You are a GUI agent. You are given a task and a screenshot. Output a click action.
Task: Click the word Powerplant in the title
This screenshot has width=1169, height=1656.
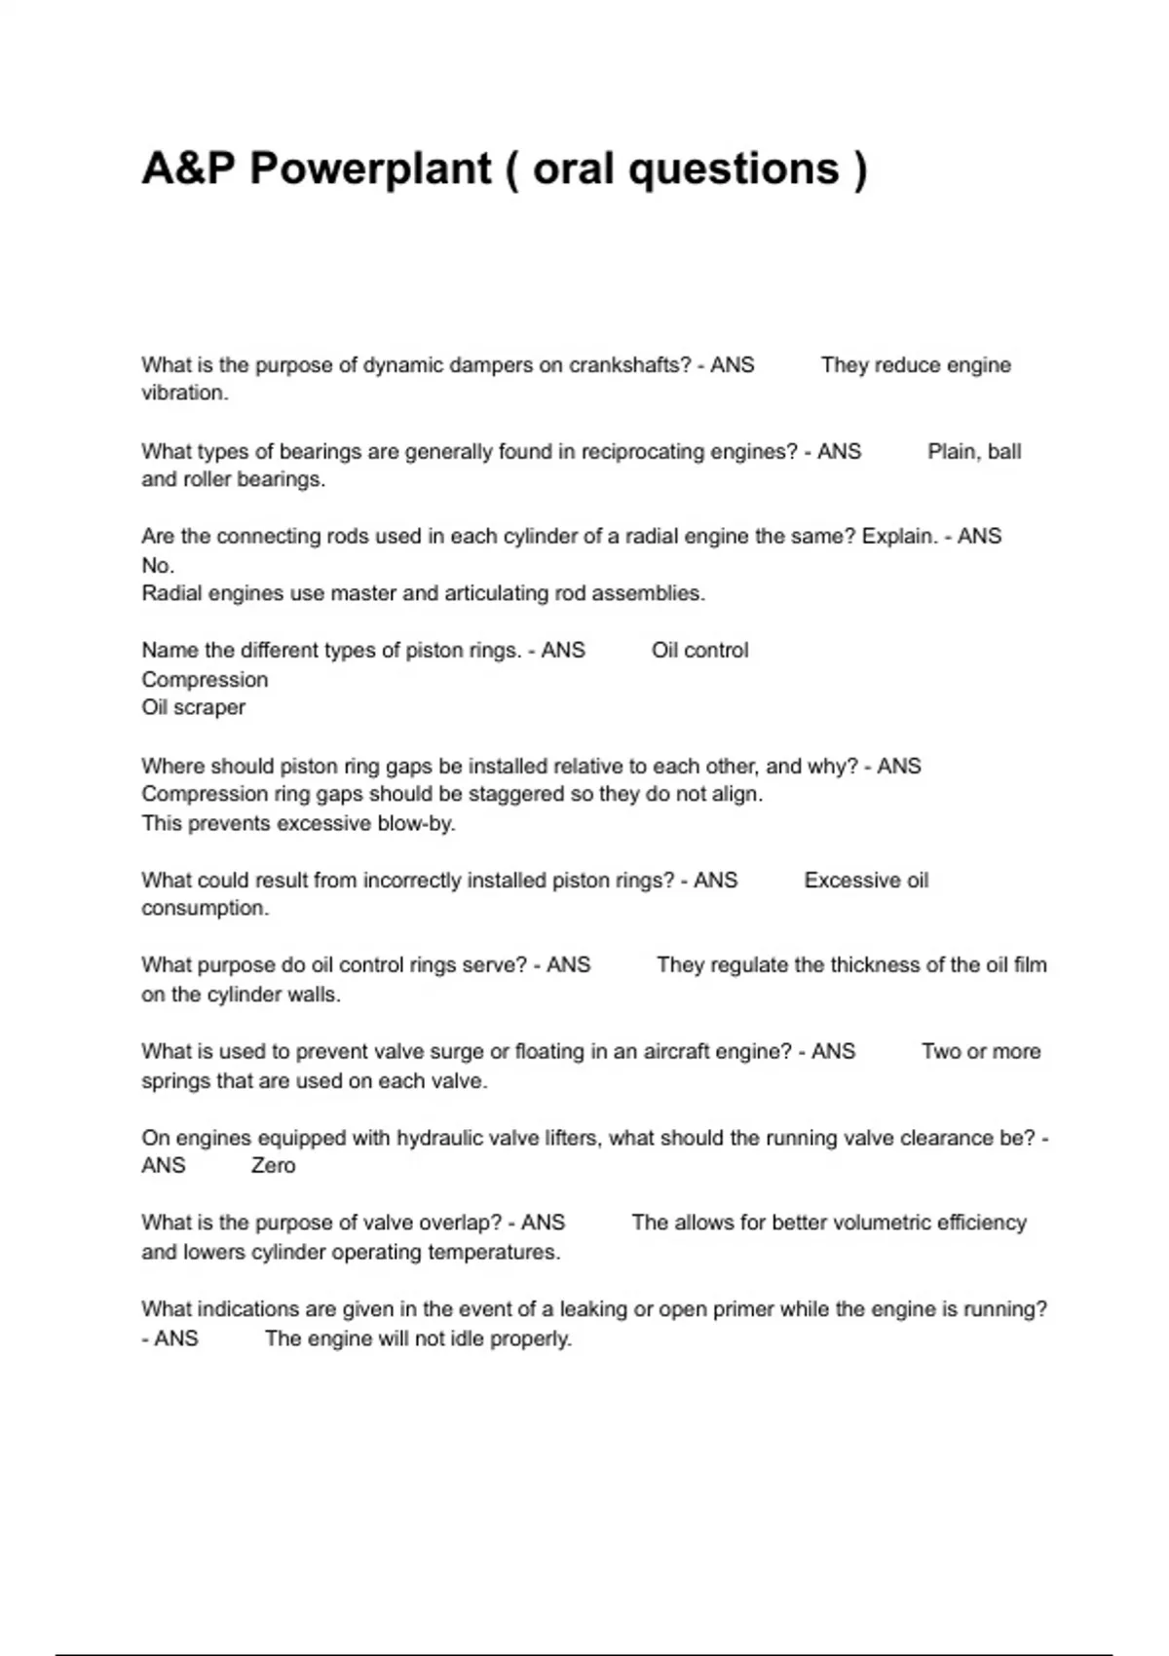click(370, 169)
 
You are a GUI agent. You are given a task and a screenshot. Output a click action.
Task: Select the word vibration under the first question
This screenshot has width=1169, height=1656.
click(184, 393)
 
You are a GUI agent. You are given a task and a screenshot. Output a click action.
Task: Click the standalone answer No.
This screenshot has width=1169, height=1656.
click(158, 565)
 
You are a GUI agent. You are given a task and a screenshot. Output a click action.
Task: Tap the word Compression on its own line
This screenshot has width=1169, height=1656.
click(205, 680)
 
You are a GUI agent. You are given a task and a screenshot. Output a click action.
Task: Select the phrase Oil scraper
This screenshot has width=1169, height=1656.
click(193, 708)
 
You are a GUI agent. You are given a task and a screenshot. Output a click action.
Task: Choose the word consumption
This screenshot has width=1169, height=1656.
click(205, 908)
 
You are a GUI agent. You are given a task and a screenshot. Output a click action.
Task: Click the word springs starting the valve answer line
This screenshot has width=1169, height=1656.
click(174, 1080)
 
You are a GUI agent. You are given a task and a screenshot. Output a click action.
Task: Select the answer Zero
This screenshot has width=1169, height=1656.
click(273, 1166)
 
